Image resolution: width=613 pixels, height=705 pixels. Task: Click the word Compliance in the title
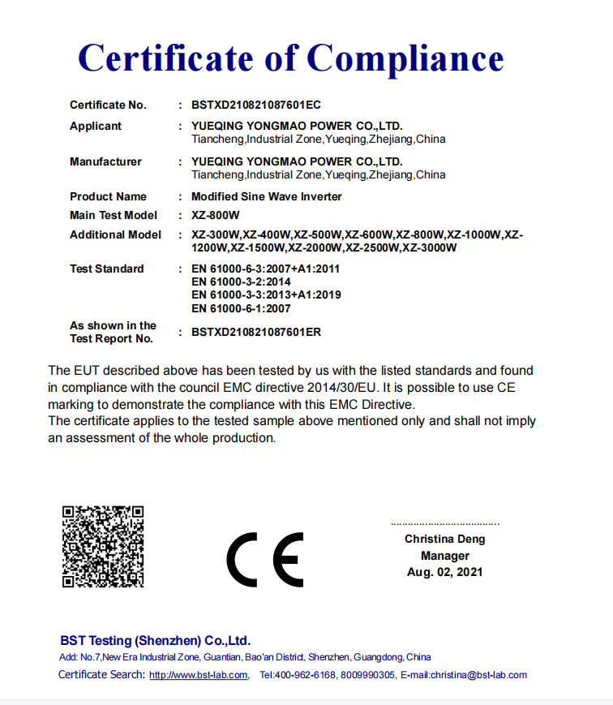point(405,58)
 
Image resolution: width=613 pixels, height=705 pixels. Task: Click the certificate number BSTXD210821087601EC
point(257,105)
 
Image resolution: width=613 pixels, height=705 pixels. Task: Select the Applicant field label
point(96,126)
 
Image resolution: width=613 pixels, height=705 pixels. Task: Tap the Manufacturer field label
point(105,161)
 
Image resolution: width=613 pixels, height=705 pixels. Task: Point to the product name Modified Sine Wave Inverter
point(267,196)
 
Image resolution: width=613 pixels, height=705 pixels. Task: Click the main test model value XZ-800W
point(216,215)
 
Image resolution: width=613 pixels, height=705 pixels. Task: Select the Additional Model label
point(115,234)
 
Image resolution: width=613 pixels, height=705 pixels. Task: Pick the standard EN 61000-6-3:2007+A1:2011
point(266,269)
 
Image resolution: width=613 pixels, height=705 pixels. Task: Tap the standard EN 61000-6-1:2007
point(241,308)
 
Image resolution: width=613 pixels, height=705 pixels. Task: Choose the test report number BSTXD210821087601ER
point(257,332)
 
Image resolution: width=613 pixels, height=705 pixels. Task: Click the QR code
point(103,546)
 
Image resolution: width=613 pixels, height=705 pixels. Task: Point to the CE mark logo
point(264,559)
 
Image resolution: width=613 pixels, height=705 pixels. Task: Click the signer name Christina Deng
point(445,539)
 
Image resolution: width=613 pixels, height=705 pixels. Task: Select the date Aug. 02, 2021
point(445,572)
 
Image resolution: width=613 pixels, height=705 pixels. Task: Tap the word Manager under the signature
point(445,556)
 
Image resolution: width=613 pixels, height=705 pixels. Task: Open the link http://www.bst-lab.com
point(199,675)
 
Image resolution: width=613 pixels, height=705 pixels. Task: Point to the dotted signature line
point(445,524)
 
